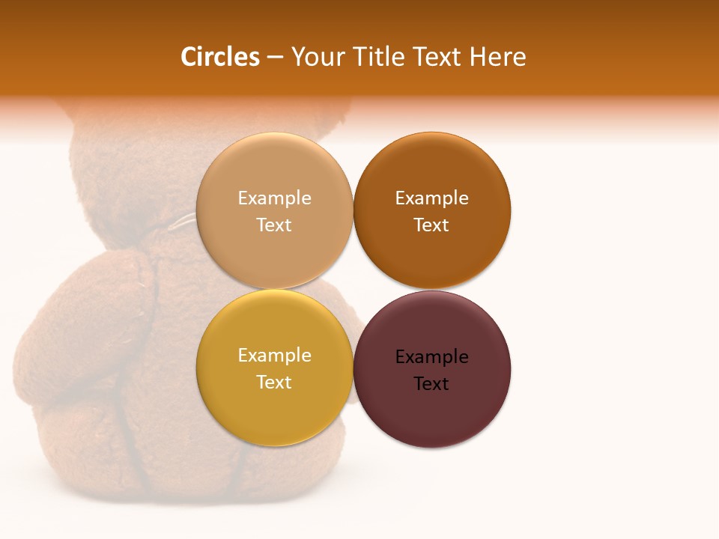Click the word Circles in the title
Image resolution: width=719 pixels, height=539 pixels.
[x=219, y=57]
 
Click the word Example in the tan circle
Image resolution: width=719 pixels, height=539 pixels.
[x=274, y=198]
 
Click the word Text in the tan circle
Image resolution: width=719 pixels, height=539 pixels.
[x=274, y=225]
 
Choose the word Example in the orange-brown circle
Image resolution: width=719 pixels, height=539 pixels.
[x=431, y=198]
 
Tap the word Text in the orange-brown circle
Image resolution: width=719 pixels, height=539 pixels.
[x=431, y=225]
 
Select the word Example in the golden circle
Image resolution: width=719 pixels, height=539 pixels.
[x=274, y=356]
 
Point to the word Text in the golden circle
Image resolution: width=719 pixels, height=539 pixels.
[x=274, y=383]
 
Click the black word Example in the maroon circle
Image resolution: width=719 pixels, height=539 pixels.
[x=431, y=357]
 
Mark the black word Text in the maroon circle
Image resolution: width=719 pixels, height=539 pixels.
[x=431, y=384]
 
